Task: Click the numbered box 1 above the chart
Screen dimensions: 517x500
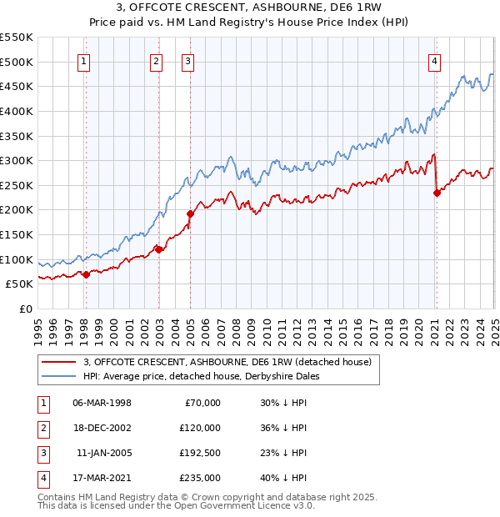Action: (x=85, y=61)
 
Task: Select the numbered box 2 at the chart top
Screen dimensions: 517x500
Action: (x=157, y=61)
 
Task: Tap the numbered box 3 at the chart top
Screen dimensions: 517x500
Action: (x=188, y=61)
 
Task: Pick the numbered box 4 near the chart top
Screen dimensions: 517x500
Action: (x=435, y=61)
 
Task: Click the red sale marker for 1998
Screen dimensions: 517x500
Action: (x=86, y=274)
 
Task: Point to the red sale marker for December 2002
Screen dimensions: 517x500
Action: (x=158, y=249)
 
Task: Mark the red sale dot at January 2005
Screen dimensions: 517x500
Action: (x=190, y=213)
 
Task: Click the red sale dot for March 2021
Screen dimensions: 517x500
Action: (x=437, y=193)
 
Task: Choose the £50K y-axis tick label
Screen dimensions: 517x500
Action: (x=20, y=284)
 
